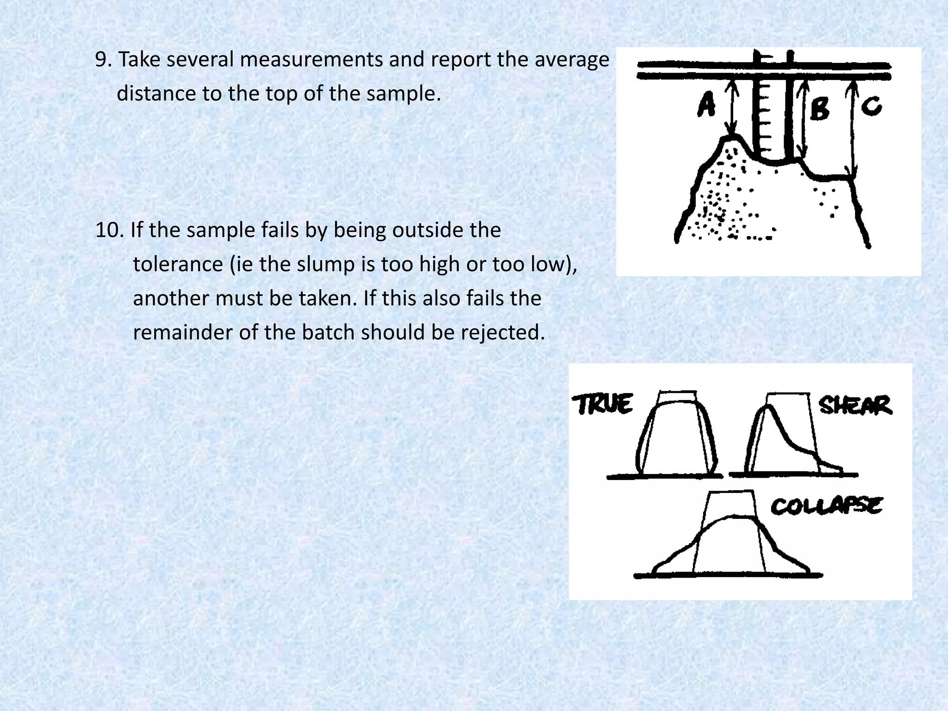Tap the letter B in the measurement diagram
pos(820,110)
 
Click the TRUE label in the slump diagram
pos(603,405)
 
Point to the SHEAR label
pos(854,405)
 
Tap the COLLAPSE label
pos(826,506)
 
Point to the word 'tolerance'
pos(178,264)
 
